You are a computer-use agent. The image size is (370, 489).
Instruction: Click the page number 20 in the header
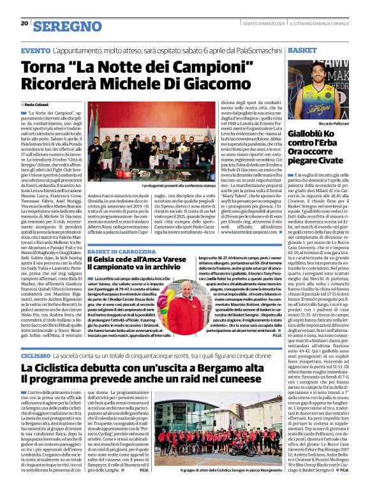[x=24, y=23]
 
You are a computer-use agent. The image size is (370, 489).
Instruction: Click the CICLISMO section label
[x=36, y=355]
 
